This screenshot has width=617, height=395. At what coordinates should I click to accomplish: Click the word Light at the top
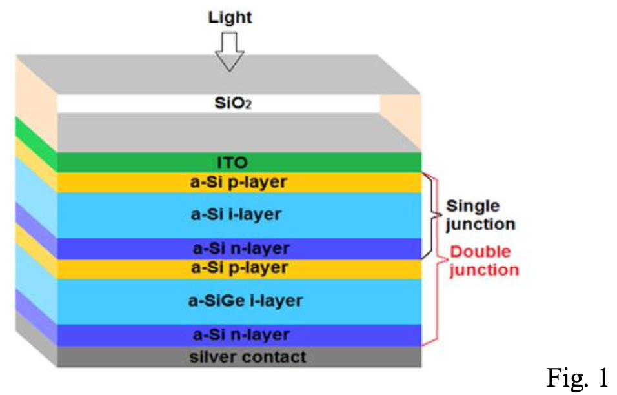[x=230, y=17]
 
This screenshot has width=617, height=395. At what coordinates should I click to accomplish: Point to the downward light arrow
[x=230, y=51]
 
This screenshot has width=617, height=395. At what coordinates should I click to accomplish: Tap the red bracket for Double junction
[x=440, y=258]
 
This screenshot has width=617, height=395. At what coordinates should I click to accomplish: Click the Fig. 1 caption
[x=578, y=377]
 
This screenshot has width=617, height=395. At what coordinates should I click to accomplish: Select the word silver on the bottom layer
[x=207, y=356]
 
